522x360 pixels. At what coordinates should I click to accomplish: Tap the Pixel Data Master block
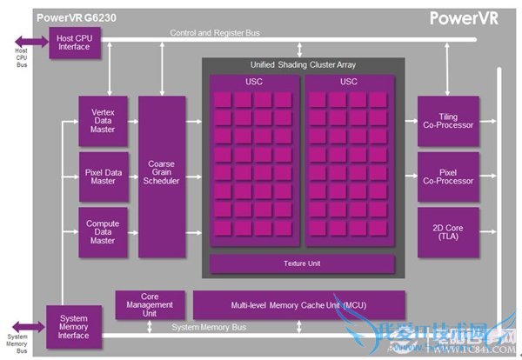[103, 177]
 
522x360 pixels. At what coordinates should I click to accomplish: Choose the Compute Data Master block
[103, 231]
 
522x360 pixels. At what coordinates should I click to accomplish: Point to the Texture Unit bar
[302, 263]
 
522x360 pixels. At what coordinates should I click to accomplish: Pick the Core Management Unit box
[150, 305]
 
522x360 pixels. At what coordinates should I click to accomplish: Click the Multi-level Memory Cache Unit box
[299, 305]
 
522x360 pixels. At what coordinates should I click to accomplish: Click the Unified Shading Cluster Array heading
[302, 65]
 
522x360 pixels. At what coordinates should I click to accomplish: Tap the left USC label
[253, 82]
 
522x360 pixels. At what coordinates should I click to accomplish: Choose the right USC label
[349, 82]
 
